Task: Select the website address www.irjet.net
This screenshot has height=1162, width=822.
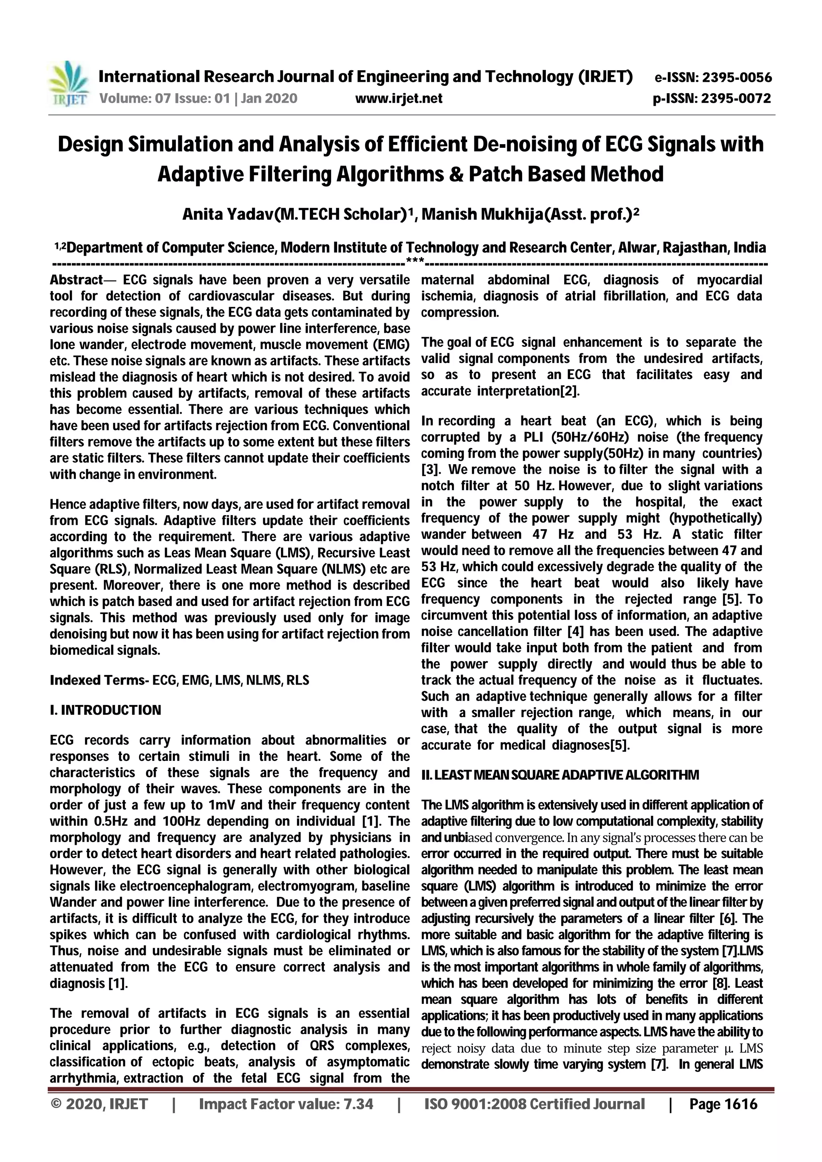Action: pos(399,98)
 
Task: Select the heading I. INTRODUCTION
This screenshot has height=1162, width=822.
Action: pos(105,710)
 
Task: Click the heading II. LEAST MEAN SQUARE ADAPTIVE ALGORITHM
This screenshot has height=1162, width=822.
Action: pos(560,775)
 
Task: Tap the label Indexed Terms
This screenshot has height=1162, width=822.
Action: pos(98,680)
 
